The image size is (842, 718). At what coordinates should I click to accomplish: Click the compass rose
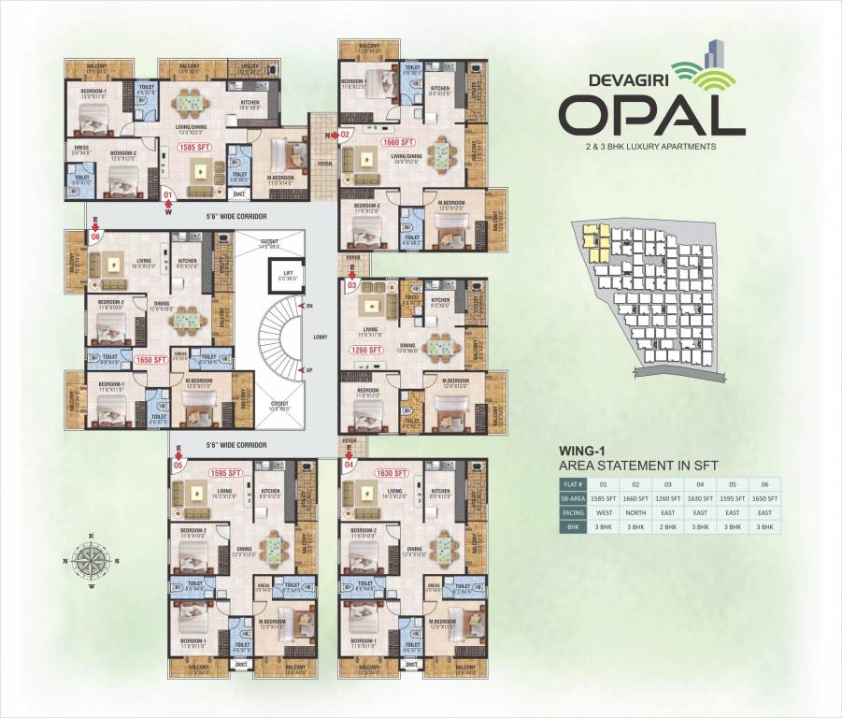[91, 561]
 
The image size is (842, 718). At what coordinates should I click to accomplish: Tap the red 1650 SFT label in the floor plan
[150, 359]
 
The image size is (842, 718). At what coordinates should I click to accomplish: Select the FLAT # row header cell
[573, 484]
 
